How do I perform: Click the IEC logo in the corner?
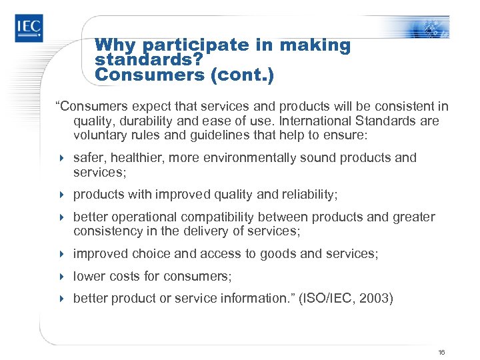point(29,28)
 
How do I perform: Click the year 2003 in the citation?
point(375,299)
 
